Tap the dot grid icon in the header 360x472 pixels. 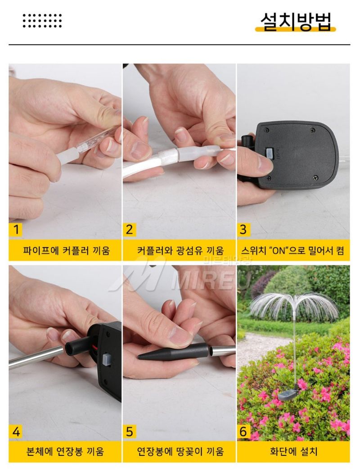(x=42, y=20)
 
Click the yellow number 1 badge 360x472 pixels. (x=16, y=230)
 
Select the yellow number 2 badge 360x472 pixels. (x=130, y=230)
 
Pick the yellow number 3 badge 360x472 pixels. (x=243, y=230)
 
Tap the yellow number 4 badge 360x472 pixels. (x=16, y=432)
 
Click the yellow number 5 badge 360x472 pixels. (x=130, y=432)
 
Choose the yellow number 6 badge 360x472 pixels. (x=243, y=432)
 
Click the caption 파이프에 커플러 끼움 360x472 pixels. (x=66, y=251)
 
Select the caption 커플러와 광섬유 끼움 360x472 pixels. (x=180, y=251)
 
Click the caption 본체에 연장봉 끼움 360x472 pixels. (x=66, y=451)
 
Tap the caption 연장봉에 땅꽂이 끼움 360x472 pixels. (x=180, y=451)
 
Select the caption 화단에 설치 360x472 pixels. (x=293, y=451)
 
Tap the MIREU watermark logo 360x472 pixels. (x=180, y=277)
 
